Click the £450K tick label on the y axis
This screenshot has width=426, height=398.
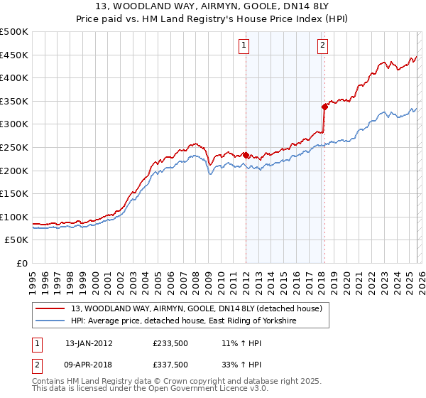14,55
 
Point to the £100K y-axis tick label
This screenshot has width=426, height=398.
14,217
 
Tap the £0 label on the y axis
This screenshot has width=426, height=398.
22,263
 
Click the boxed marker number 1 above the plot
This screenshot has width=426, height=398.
244,45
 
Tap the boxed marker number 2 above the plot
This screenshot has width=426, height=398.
322,45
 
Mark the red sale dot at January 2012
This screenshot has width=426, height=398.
246,155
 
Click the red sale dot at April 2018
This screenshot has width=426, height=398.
324,107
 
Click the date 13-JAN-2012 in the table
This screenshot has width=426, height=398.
89,343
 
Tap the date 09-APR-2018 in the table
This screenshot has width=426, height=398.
89,365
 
